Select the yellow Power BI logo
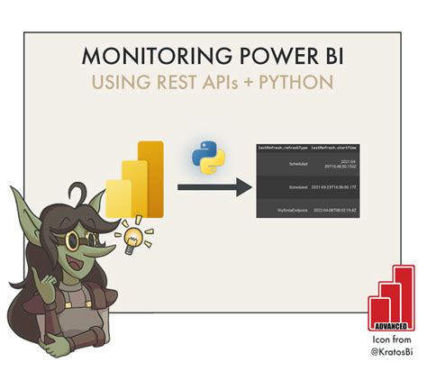(131, 179)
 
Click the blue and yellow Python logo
(208, 156)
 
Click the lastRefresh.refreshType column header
(285, 146)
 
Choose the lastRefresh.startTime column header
(339, 146)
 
